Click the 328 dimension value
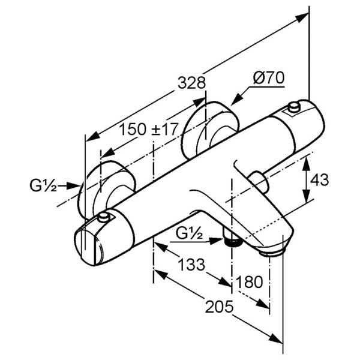click(x=193, y=83)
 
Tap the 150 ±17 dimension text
click(x=147, y=129)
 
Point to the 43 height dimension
click(x=322, y=179)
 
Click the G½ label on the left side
click(x=43, y=186)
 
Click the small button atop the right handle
click(x=293, y=107)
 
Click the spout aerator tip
click(x=273, y=251)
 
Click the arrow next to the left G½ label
click(x=72, y=186)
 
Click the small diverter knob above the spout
click(x=260, y=179)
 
